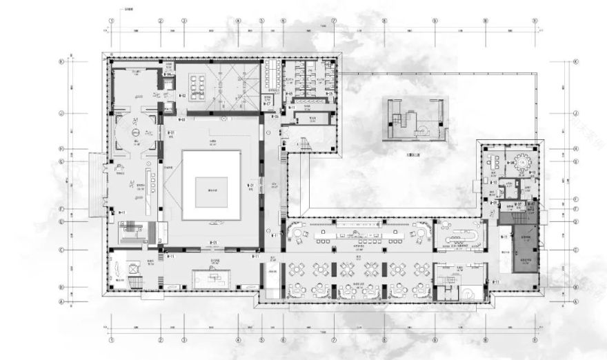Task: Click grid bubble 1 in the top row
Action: [x=111, y=21]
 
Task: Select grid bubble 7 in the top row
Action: [x=334, y=21]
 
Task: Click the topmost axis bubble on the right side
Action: [x=575, y=61]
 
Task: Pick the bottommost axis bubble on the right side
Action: [x=575, y=301]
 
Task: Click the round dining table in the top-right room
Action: [x=522, y=162]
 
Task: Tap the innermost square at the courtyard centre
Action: [x=211, y=191]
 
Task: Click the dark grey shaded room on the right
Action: [x=524, y=243]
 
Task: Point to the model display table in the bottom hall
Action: [x=214, y=278]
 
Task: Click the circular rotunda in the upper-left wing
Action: [x=137, y=131]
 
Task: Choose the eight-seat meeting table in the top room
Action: [x=198, y=83]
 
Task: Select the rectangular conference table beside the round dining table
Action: [x=494, y=163]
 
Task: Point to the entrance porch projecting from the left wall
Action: [x=97, y=184]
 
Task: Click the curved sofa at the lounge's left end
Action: [x=299, y=234]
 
